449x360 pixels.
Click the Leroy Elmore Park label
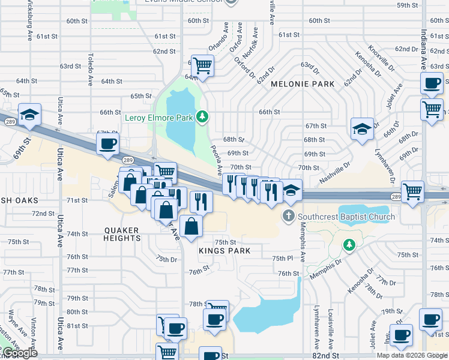(158, 118)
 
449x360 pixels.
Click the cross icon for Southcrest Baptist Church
(289, 216)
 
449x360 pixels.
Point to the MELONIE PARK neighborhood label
(303, 84)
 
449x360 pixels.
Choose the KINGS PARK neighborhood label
(224, 250)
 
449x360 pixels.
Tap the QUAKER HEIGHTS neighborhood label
(122, 234)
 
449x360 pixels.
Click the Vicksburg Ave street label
(29, 20)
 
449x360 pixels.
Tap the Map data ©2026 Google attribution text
(411, 355)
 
